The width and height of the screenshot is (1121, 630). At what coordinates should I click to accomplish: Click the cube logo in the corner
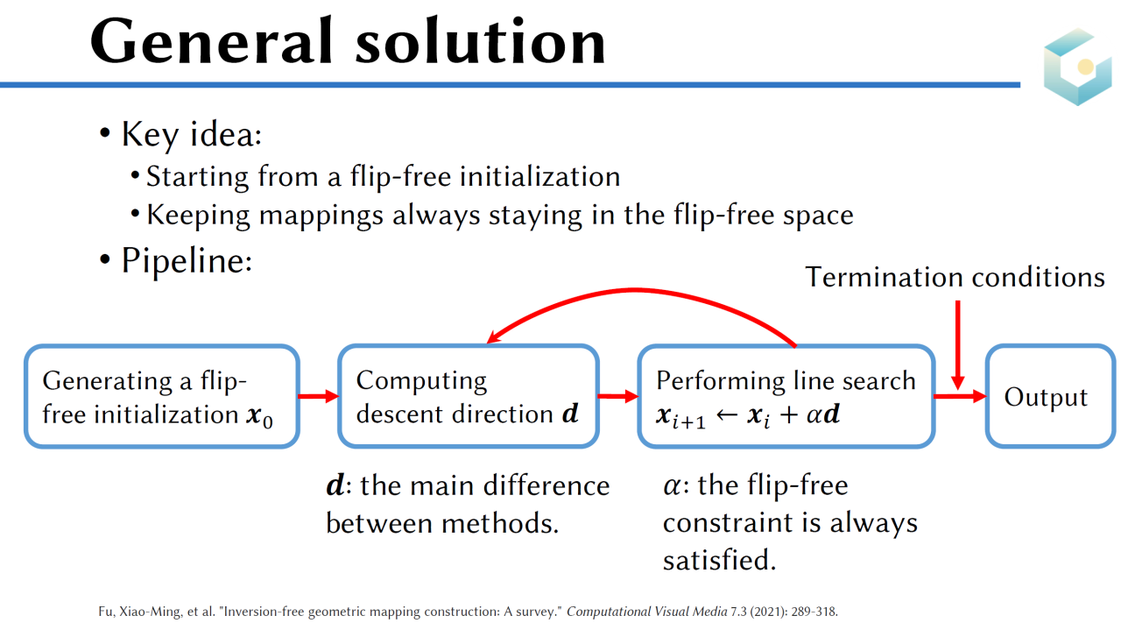(x=1077, y=67)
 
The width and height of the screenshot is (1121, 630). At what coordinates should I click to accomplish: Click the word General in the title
(x=212, y=41)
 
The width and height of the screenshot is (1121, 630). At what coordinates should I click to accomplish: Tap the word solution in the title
(x=481, y=41)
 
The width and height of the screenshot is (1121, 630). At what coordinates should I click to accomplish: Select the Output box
(x=1050, y=396)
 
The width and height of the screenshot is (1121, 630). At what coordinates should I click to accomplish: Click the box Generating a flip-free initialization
(x=162, y=396)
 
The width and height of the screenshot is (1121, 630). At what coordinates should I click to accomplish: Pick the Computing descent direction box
(x=469, y=396)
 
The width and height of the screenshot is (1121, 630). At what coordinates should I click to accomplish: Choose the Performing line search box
(x=786, y=396)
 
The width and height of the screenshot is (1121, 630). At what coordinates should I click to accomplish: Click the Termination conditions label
(x=955, y=277)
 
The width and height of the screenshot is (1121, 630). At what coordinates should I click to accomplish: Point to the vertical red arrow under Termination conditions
(x=958, y=345)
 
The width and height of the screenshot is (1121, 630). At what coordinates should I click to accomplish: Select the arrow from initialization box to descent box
(x=319, y=396)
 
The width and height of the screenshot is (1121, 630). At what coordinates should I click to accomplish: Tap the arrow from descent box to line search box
(x=618, y=396)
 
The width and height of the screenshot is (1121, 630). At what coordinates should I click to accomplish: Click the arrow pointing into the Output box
(x=960, y=396)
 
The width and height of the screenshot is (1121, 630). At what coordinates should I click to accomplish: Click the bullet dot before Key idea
(x=104, y=133)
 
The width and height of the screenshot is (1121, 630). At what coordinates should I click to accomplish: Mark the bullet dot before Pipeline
(x=104, y=259)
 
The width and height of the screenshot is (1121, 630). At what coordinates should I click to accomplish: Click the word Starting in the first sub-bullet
(x=197, y=178)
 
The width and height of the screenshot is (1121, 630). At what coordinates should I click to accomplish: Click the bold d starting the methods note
(x=335, y=485)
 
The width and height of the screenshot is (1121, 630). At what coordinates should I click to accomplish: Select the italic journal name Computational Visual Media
(x=646, y=612)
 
